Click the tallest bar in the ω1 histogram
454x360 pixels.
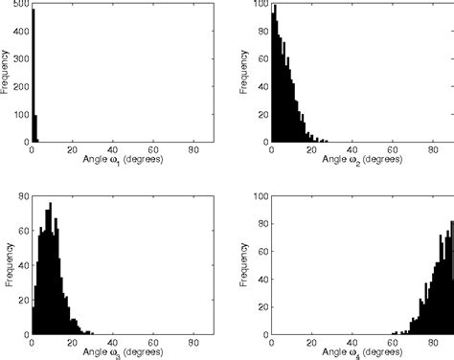tap(34, 77)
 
